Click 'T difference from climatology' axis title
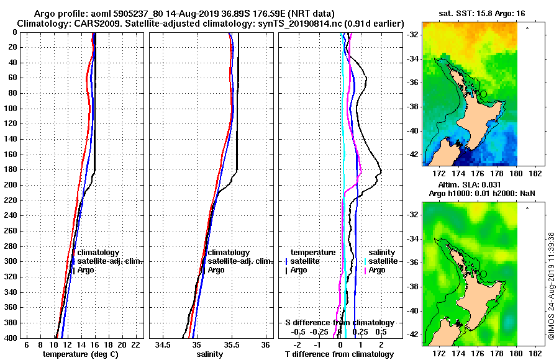(x=339, y=354)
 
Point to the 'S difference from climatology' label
(x=339, y=323)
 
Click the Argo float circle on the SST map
(x=483, y=94)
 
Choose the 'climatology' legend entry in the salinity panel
(x=229, y=253)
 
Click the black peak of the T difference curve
(x=380, y=171)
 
